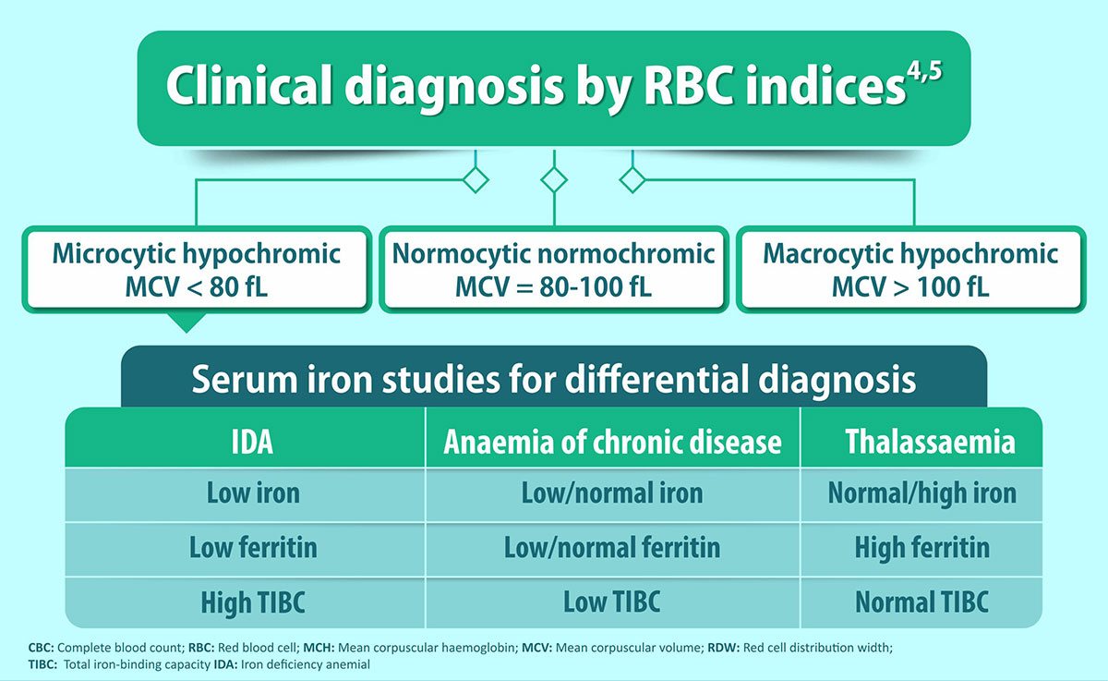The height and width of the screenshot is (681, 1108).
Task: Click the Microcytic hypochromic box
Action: coord(197,270)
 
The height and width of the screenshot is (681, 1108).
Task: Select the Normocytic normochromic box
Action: coord(553,270)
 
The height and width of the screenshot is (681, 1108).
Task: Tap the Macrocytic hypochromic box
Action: coord(910,270)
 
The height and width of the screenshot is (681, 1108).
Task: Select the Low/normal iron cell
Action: coord(612,494)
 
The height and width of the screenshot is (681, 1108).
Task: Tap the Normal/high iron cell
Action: coord(921,494)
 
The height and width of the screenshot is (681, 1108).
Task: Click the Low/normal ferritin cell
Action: coord(612,549)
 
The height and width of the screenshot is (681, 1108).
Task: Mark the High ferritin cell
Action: coord(921,549)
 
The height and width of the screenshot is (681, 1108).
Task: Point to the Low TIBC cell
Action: coord(612,602)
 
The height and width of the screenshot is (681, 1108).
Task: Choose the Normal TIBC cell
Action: coord(921,602)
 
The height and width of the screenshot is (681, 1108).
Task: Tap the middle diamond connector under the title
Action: coord(554,179)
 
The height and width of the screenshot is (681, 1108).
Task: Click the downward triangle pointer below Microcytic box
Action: coord(187,322)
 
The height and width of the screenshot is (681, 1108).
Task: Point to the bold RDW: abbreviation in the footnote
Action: coord(723,648)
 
